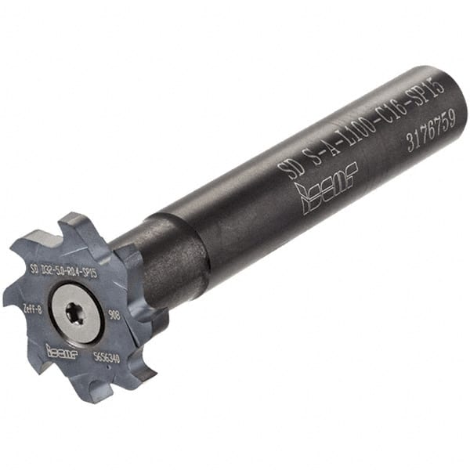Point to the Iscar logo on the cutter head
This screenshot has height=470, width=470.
point(60,350)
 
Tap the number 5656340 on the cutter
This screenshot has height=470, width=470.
point(106,356)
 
